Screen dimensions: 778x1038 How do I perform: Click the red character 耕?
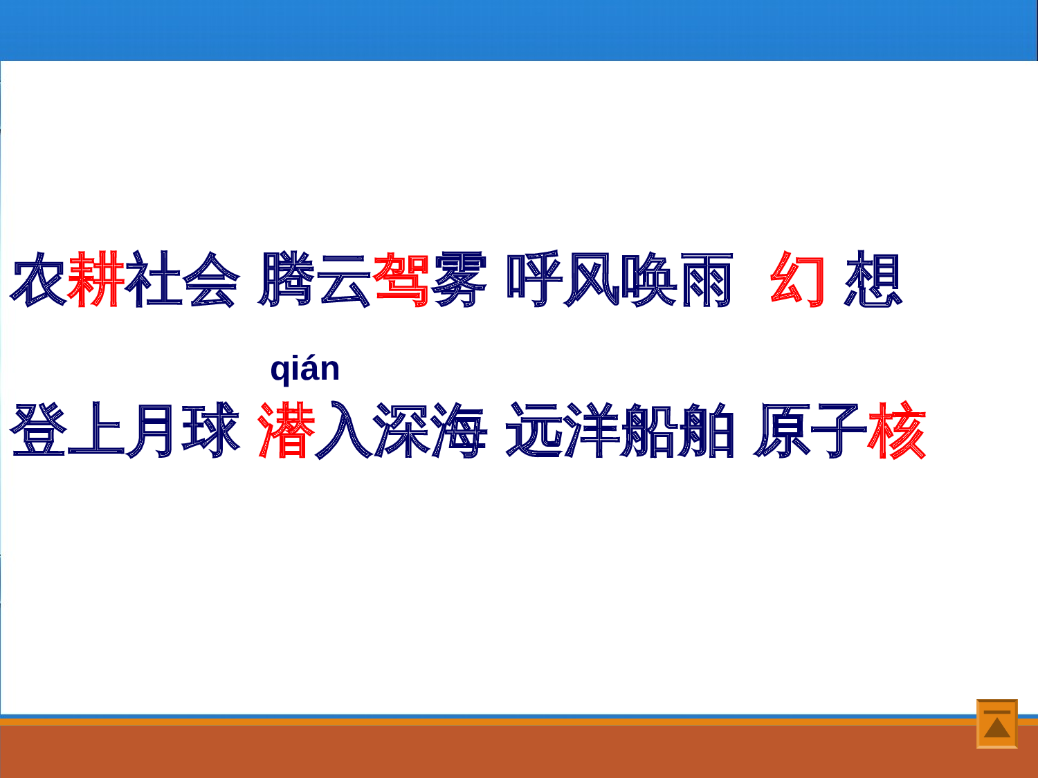point(96,279)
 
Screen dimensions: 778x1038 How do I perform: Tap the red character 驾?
point(401,279)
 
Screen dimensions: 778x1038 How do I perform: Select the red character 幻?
point(798,279)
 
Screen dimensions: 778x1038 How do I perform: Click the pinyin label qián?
point(304,369)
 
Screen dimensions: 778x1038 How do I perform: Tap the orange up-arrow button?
point(996,723)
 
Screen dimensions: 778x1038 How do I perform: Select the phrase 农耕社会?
point(125,279)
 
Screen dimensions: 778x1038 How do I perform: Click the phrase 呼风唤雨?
point(620,279)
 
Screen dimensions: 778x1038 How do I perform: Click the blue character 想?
point(873,279)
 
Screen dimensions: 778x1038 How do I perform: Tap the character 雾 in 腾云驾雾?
point(459,279)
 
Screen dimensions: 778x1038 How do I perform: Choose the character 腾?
point(286,279)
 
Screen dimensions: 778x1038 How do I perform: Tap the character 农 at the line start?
point(39,279)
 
